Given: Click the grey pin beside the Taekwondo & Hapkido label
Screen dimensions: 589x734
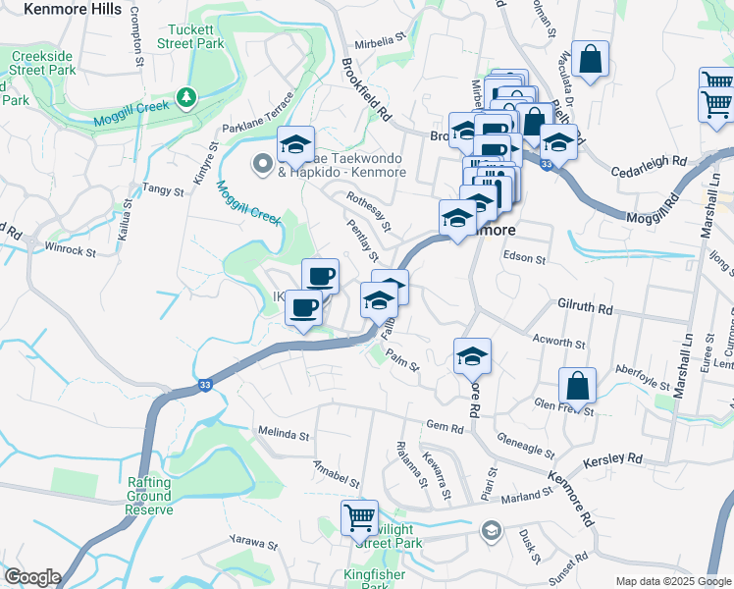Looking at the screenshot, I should tap(262, 164).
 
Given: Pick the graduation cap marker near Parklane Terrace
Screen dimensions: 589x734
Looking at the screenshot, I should tap(295, 145).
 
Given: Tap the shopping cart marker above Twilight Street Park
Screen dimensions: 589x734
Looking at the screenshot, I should tap(360, 517).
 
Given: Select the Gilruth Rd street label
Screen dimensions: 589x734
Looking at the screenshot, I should tap(586, 308).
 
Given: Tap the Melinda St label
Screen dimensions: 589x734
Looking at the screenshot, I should tap(283, 433).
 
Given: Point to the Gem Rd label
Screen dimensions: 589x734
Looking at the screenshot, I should tap(445, 427).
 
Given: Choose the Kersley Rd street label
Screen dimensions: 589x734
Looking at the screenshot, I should tap(612, 459).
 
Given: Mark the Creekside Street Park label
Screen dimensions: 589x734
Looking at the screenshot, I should tap(42, 64).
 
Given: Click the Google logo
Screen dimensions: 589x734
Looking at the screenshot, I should tap(31, 576).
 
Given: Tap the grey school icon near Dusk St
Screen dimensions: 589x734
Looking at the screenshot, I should tap(490, 531).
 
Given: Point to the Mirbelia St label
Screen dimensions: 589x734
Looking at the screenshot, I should tap(381, 41).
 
